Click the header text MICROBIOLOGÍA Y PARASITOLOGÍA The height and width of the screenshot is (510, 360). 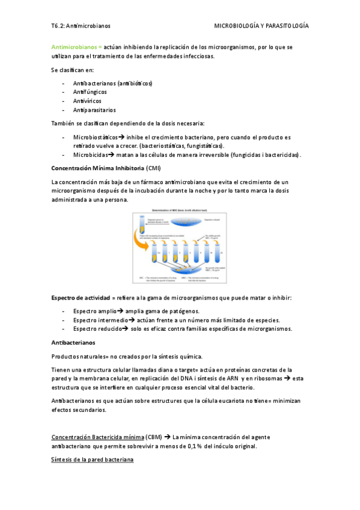click(261, 26)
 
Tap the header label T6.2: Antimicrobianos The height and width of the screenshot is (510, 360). click(81, 26)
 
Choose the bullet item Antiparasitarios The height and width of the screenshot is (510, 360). click(94, 110)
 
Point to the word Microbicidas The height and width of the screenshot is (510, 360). click(90, 155)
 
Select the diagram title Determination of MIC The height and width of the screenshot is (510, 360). click(180, 210)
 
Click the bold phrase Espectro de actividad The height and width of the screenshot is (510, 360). click(80, 298)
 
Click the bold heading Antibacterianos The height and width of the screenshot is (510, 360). click(74, 342)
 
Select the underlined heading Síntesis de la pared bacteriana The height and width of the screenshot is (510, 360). click(92, 459)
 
